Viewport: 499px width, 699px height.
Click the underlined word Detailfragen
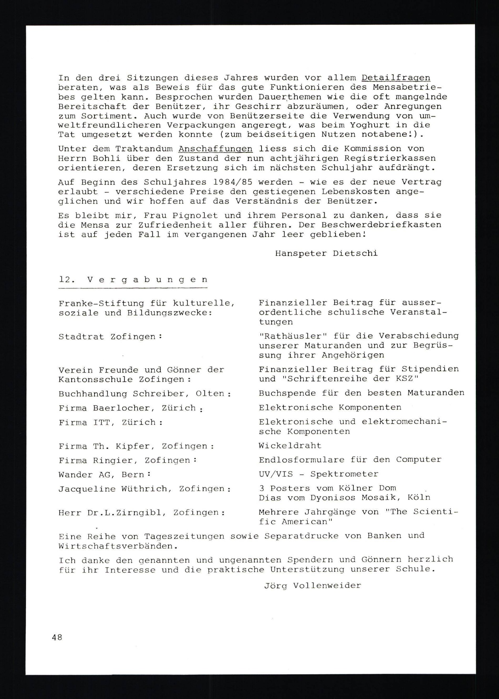pyautogui.click(x=396, y=78)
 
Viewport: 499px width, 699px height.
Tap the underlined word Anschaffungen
pyautogui.click(x=215, y=149)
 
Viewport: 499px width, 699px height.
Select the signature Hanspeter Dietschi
pyautogui.click(x=326, y=253)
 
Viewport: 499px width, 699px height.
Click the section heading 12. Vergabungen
pyautogui.click(x=133, y=280)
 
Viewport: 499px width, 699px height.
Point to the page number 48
pyautogui.click(x=57, y=637)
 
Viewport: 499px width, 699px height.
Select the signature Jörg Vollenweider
pyautogui.click(x=312, y=586)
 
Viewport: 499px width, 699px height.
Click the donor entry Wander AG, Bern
pyautogui.click(x=104, y=475)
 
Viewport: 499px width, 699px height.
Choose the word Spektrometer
pyautogui.click(x=344, y=474)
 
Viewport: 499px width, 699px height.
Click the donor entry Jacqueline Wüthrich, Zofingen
pyautogui.click(x=144, y=489)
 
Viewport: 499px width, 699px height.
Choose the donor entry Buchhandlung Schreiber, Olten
pyautogui.click(x=144, y=394)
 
